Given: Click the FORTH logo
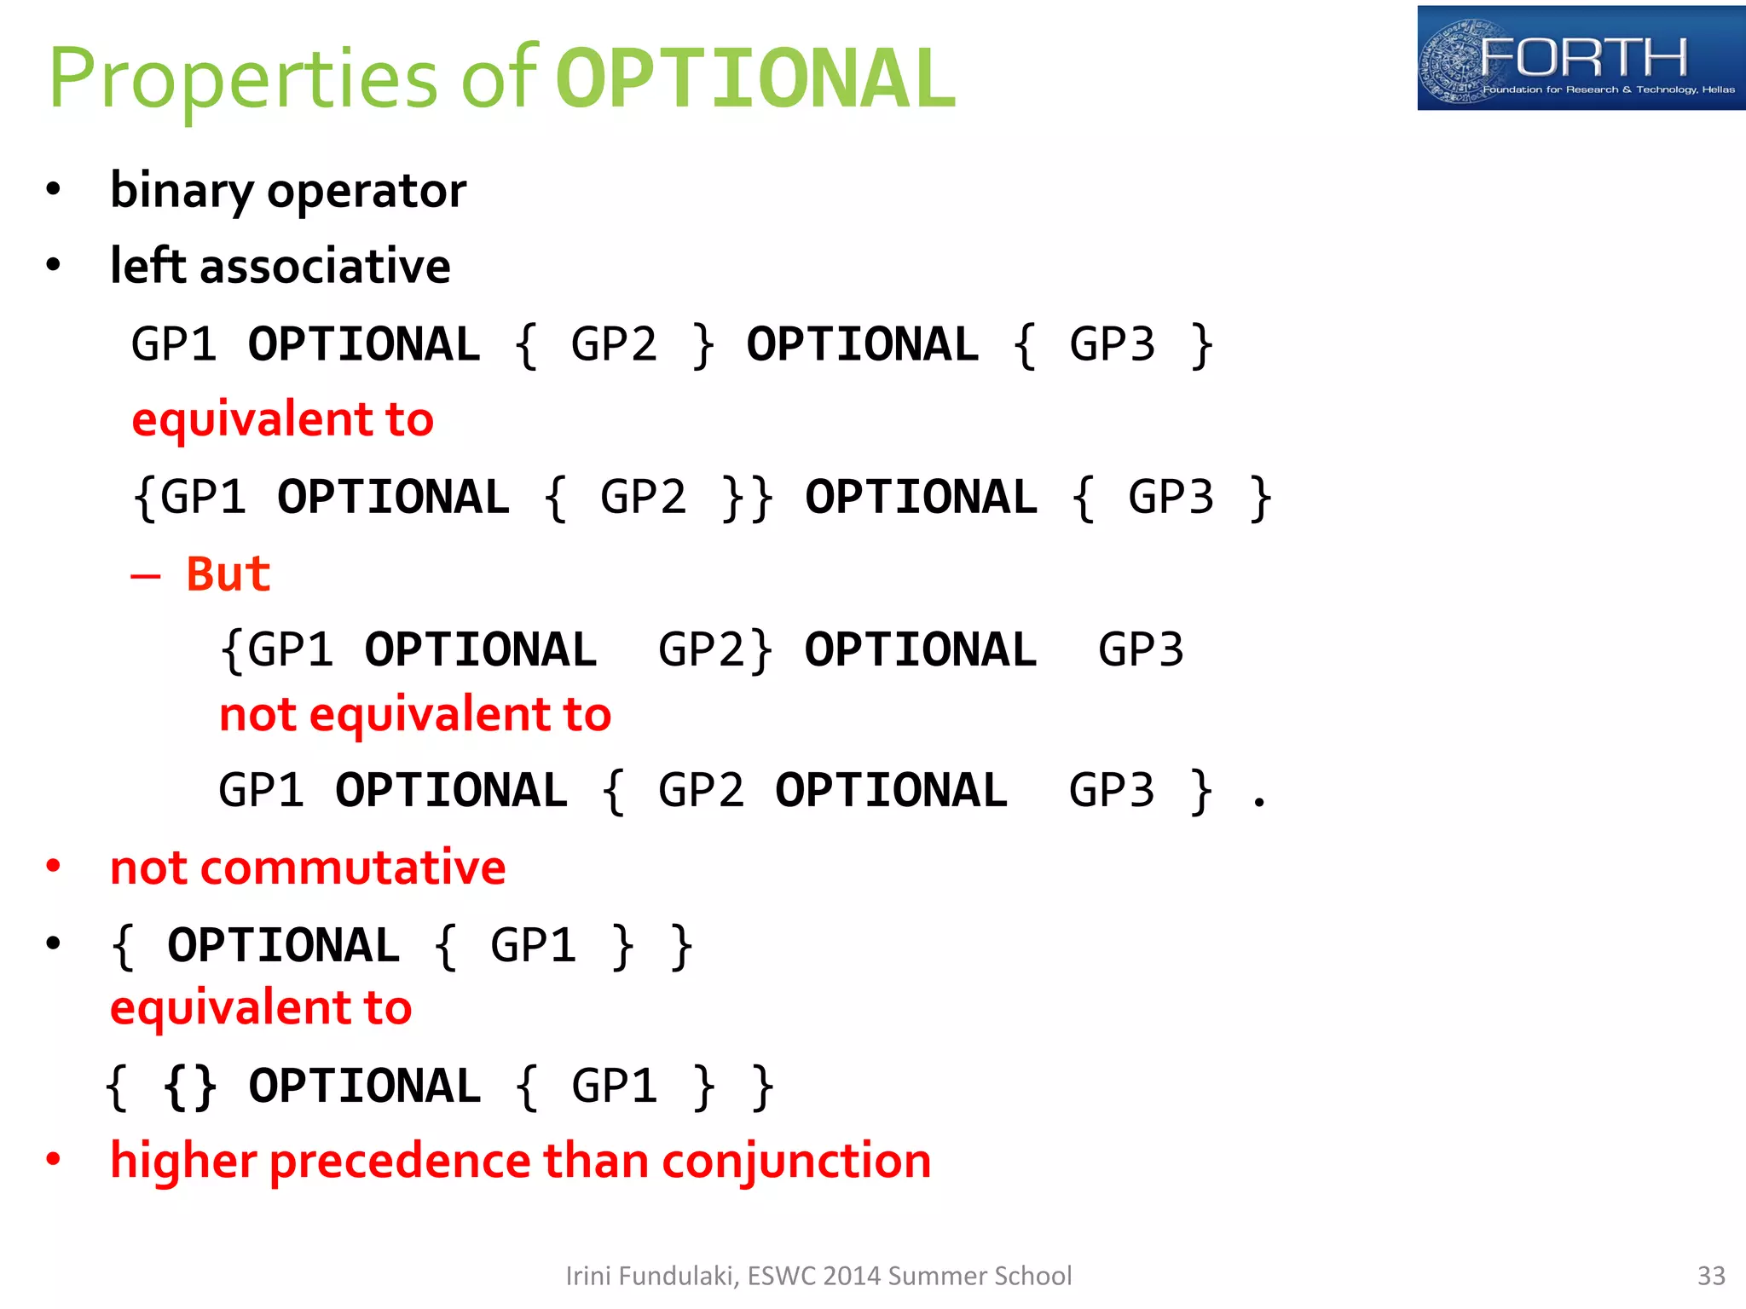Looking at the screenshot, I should [x=1580, y=58].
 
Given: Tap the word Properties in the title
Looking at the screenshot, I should [x=242, y=79].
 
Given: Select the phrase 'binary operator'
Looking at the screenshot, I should [x=288, y=190].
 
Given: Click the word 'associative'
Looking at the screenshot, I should [x=325, y=267].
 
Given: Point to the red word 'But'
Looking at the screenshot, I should [x=228, y=574].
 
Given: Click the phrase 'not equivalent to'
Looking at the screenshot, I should [x=415, y=715].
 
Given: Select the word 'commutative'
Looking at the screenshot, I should [x=354, y=868].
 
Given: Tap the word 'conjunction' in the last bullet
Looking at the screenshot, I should [x=795, y=1162].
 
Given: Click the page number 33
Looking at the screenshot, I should [x=1710, y=1276].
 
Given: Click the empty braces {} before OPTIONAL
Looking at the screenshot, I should [x=190, y=1087].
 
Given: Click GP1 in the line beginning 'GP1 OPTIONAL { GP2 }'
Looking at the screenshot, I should [x=174, y=345].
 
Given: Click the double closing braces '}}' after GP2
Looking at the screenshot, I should [x=747, y=499].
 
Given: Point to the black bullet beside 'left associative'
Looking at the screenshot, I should [x=54, y=265].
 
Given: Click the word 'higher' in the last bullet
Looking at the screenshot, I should [x=183, y=1162].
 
